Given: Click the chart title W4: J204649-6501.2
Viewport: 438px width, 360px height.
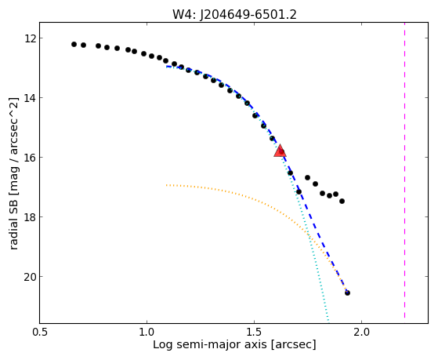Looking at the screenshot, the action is [234, 14].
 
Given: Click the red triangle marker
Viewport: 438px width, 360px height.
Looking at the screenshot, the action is [280, 151].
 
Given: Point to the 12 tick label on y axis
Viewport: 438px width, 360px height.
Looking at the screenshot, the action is [29, 38].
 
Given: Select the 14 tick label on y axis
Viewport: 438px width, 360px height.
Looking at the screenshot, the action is [29, 97].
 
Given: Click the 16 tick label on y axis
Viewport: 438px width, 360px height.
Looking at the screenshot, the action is [29, 157].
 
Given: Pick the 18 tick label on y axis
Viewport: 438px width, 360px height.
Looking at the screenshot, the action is [29, 216].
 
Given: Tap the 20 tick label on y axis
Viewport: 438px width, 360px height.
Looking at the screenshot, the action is [29, 276].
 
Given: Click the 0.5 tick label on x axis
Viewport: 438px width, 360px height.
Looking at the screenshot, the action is [40, 332].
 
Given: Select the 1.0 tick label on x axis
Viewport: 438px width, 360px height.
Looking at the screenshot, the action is [147, 332].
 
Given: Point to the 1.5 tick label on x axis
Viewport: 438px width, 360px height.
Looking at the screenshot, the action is [254, 332].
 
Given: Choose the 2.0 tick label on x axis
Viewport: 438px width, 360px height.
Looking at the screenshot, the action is [361, 332].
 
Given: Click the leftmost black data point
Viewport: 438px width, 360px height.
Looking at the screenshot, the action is [74, 44].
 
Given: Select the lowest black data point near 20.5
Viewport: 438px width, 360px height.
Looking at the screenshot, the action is [347, 293].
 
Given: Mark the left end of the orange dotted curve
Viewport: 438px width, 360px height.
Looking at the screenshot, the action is [166, 185].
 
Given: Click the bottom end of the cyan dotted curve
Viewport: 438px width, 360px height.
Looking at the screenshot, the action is [328, 321].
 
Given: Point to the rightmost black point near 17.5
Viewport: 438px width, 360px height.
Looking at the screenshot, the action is [342, 201].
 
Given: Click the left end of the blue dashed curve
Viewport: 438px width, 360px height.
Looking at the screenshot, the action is [167, 67].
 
